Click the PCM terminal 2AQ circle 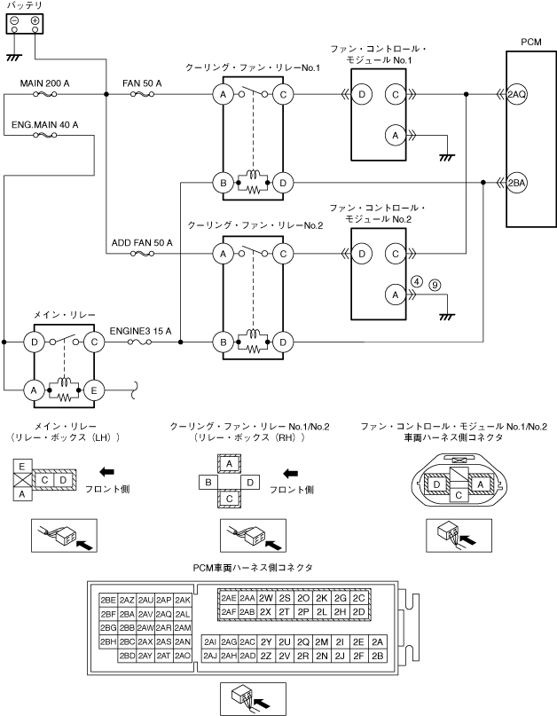point(516,93)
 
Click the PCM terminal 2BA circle point(516,183)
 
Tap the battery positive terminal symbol point(35,20)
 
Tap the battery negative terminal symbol point(14,20)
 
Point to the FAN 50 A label point(141,83)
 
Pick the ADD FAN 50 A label point(142,242)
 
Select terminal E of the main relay point(95,388)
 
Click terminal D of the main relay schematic point(35,341)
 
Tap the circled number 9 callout point(435,284)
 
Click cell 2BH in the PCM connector point(108,641)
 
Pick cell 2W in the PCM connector point(265,598)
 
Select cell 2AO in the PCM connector point(183,656)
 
